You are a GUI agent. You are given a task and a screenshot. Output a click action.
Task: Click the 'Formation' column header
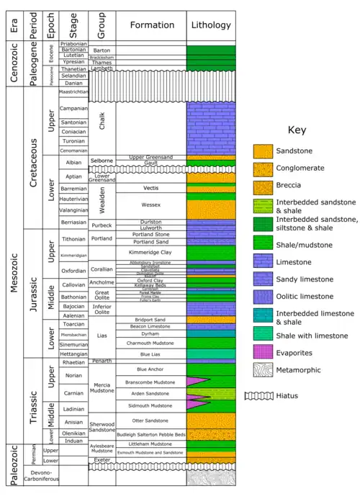(150, 25)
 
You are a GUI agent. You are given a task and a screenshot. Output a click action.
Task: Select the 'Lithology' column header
(210, 25)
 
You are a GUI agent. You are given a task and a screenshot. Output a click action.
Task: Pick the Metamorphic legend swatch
(263, 369)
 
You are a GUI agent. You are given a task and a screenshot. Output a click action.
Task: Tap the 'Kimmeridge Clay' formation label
(150, 253)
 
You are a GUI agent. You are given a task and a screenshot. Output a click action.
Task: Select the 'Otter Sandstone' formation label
(150, 420)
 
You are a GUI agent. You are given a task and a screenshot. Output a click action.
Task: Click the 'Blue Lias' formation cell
(150, 354)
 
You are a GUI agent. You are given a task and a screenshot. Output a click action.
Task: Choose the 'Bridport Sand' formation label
(150, 318)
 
